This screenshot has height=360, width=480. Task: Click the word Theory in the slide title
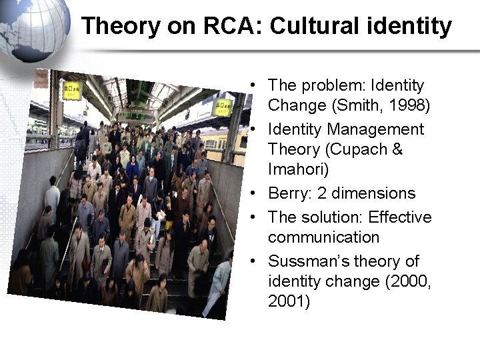117,27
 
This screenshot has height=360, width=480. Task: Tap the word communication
323,237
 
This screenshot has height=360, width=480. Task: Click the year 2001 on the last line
288,301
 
